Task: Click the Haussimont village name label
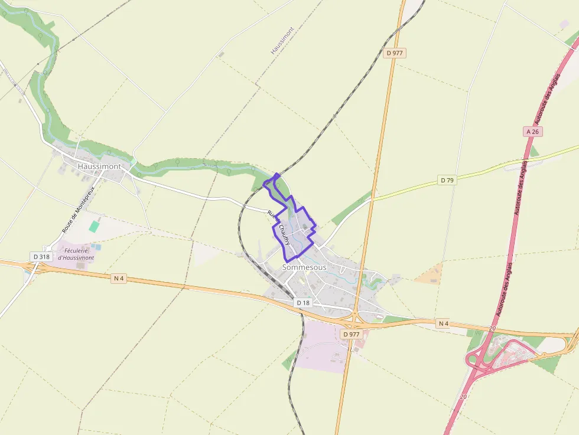(x=99, y=166)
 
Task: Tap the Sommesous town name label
(x=304, y=267)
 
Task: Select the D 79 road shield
(x=447, y=180)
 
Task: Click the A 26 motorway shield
(x=533, y=132)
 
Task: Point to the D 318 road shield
(x=41, y=257)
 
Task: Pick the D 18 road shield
(x=303, y=303)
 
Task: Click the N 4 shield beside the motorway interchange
(x=444, y=323)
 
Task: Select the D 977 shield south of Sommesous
(x=351, y=334)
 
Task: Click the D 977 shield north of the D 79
(x=395, y=53)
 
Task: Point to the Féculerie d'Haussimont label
(x=76, y=254)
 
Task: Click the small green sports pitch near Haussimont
(x=95, y=226)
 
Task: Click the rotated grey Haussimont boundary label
(x=282, y=41)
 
